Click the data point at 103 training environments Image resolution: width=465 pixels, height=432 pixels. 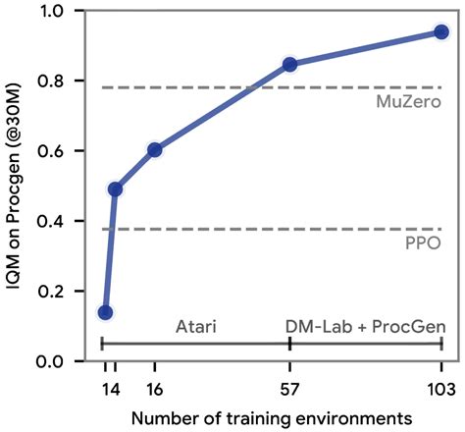pyautogui.click(x=440, y=32)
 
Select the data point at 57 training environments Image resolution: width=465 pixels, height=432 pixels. pyautogui.click(x=290, y=65)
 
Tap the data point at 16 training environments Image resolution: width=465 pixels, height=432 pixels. pyautogui.click(x=154, y=150)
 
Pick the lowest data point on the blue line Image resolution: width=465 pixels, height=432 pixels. pyautogui.click(x=105, y=312)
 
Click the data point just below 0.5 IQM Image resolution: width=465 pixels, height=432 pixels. pyautogui.click(x=115, y=189)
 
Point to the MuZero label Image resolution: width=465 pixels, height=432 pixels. pyautogui.click(x=404, y=101)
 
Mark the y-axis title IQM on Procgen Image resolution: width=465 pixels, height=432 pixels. pyautogui.click(x=17, y=187)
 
